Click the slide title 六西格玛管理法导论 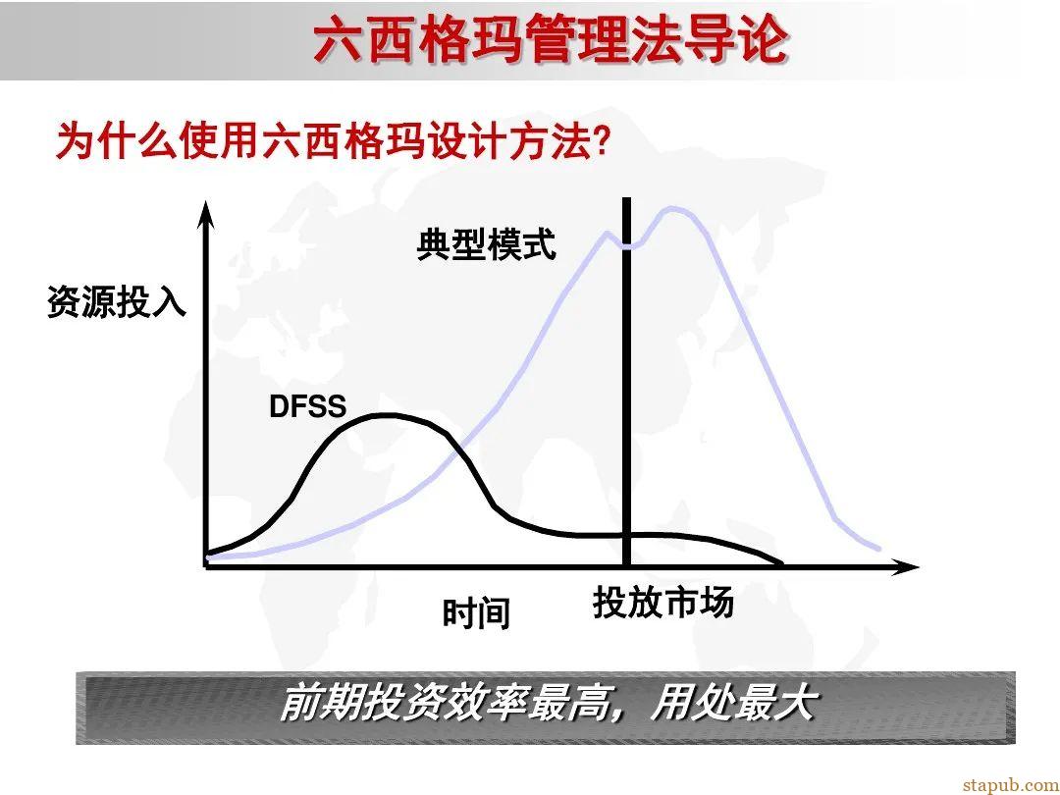[551, 40]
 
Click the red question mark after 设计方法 [603, 143]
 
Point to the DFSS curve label [307, 406]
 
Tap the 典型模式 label [486, 243]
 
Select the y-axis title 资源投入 [116, 302]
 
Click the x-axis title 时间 [476, 614]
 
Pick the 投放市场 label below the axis [663, 603]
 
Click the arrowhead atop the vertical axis [205, 209]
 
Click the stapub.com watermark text [1005, 783]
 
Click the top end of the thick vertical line [626, 201]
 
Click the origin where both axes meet [206, 567]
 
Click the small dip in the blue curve [628, 245]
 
